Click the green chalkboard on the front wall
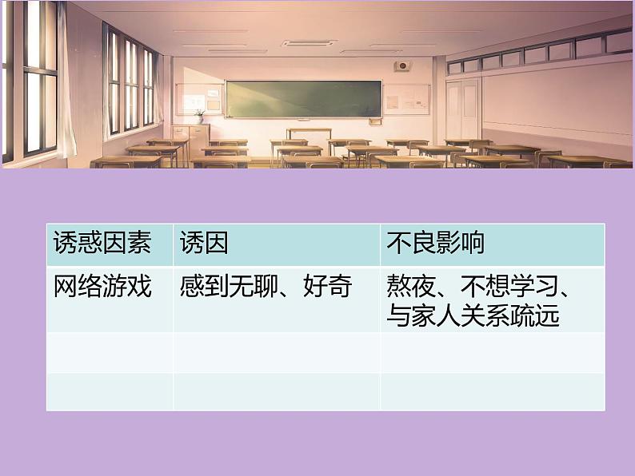click(302, 98)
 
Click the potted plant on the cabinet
click(199, 117)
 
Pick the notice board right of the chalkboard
click(405, 99)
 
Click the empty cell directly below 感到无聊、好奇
click(276, 352)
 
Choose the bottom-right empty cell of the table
click(492, 391)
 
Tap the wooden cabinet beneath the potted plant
click(191, 133)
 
